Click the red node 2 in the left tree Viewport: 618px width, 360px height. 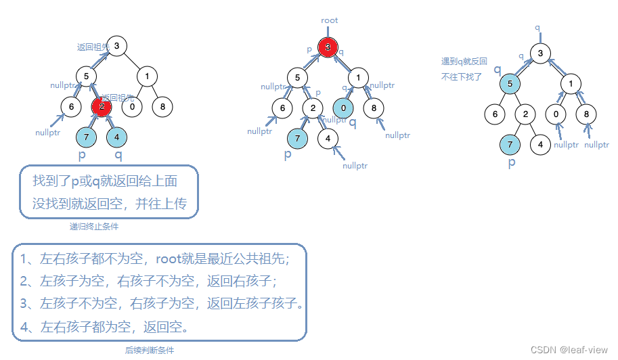coord(102,106)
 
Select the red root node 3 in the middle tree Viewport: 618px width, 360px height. coord(328,47)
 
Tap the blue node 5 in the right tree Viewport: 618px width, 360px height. coord(510,84)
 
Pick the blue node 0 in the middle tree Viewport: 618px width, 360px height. coord(344,108)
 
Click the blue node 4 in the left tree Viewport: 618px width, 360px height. coord(117,137)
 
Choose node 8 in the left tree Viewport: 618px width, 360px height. coord(162,106)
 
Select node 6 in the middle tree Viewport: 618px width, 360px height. coord(282,108)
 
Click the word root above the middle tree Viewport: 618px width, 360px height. coord(330,20)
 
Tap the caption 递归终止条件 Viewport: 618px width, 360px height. coord(94,227)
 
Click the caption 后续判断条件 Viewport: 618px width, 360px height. coord(150,351)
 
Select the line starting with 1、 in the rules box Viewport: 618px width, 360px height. coord(155,259)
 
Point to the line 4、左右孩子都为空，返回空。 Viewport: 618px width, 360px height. coord(105,328)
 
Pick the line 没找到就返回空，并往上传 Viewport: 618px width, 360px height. coord(109,204)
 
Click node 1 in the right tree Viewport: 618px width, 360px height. coord(571,84)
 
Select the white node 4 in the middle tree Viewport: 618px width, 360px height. coord(328,139)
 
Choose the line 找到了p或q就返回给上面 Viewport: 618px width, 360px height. coord(105,181)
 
